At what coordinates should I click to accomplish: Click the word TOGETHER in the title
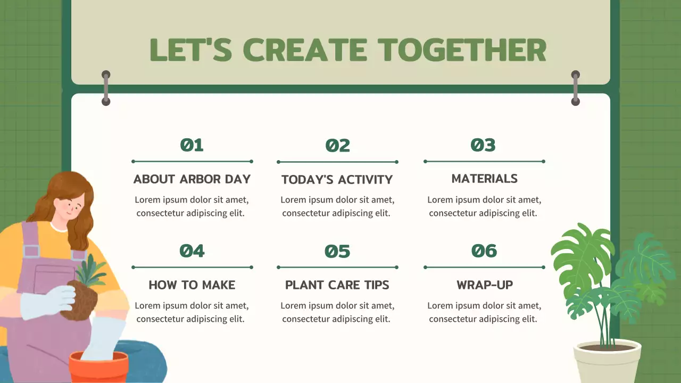(x=462, y=50)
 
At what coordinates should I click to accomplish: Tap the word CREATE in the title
(x=305, y=50)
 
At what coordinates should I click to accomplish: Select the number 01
(x=192, y=145)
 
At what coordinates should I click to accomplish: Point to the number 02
(x=337, y=145)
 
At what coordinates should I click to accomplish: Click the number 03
(x=483, y=145)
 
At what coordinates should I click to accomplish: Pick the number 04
(x=192, y=251)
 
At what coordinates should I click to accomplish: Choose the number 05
(x=337, y=252)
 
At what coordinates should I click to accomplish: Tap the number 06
(x=484, y=251)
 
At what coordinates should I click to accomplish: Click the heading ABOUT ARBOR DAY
(x=192, y=179)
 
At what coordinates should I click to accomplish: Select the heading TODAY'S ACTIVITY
(x=337, y=180)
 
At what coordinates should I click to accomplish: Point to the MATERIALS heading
(x=484, y=178)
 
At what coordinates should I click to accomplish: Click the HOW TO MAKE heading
(x=192, y=285)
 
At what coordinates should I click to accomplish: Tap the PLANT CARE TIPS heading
(x=337, y=285)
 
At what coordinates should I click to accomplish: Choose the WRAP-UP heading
(x=485, y=285)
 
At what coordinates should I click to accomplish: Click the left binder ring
(x=106, y=88)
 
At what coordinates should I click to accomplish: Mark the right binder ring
(x=576, y=88)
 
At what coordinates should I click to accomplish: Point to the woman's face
(x=69, y=206)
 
